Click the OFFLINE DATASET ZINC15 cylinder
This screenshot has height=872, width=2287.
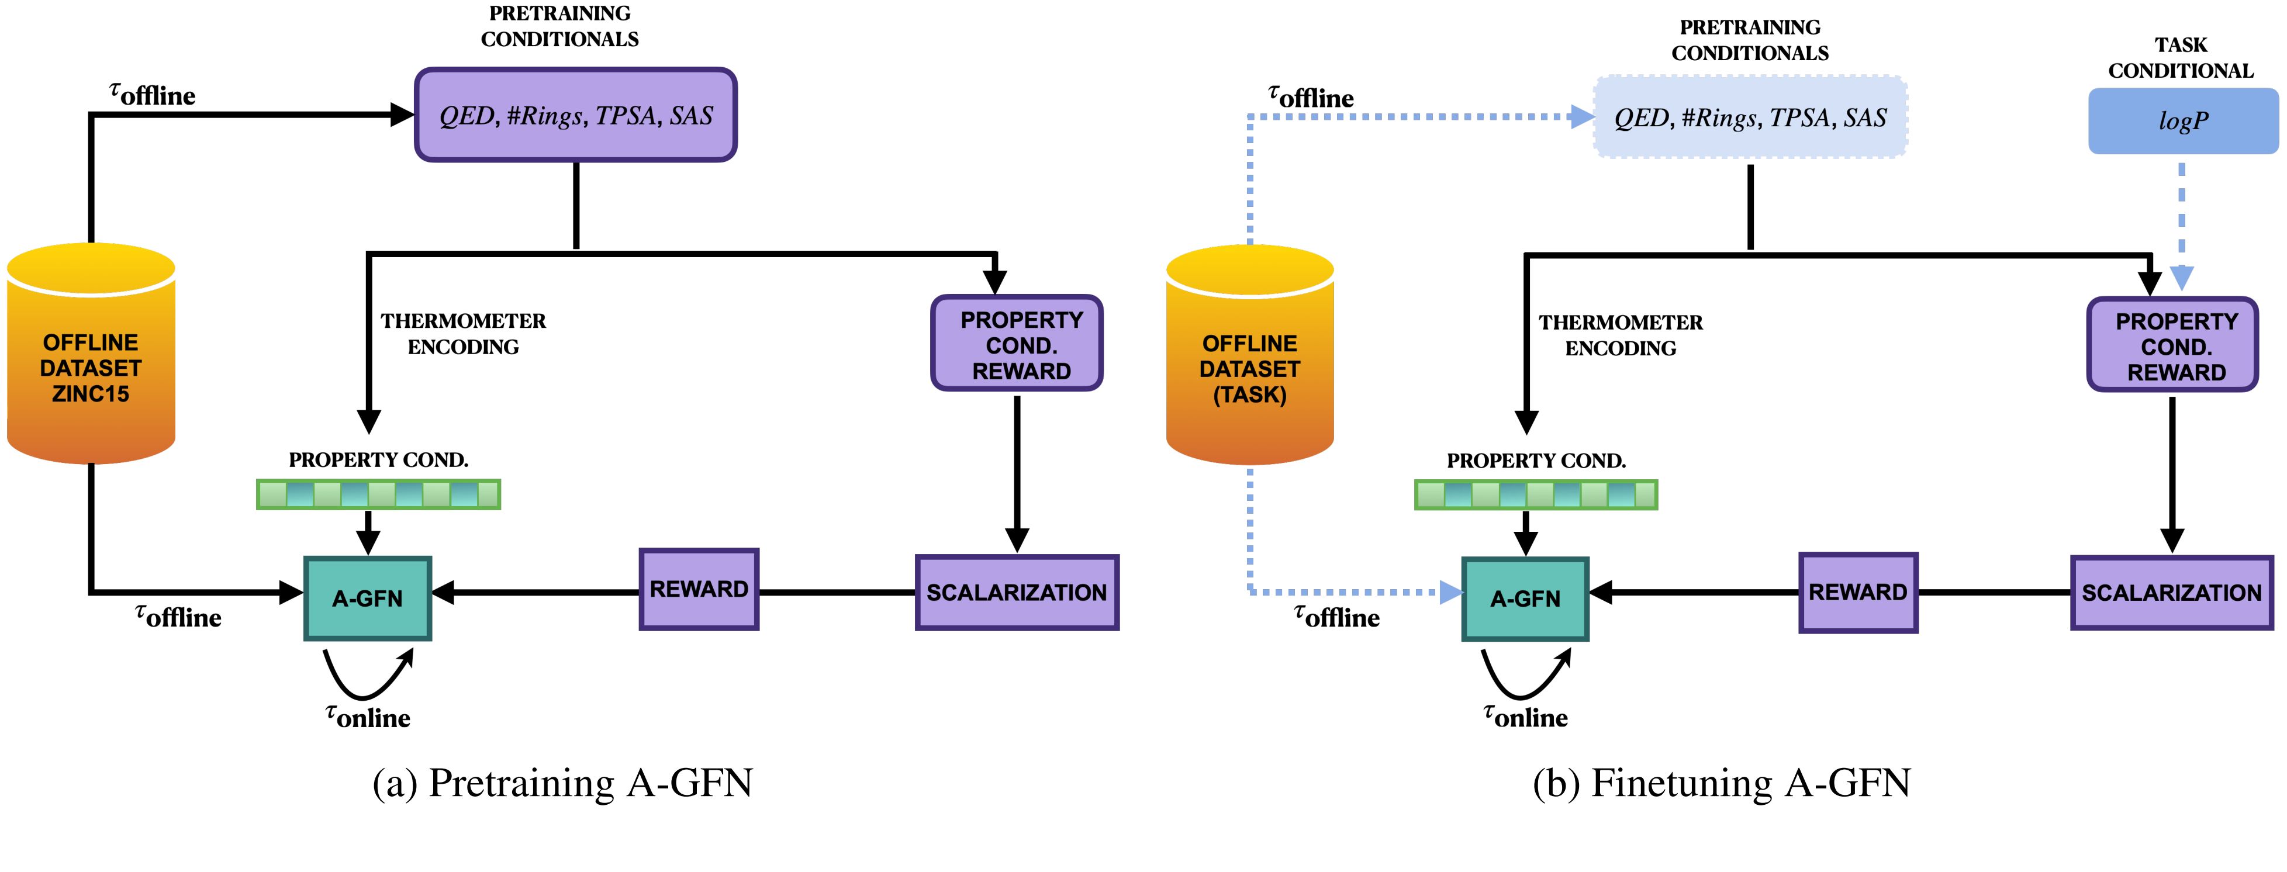[x=91, y=355]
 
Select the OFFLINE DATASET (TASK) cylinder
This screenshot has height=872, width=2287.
[x=1249, y=357]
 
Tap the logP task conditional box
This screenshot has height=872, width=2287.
[x=2182, y=122]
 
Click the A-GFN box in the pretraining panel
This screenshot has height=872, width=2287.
[x=368, y=598]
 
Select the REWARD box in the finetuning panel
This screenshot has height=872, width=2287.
[x=1858, y=592]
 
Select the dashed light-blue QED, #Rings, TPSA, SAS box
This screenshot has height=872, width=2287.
[x=1750, y=118]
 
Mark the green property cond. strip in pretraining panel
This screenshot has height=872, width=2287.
[x=378, y=494]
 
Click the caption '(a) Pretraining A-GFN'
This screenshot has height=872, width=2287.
[x=562, y=783]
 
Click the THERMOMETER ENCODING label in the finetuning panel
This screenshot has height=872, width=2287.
[x=1621, y=335]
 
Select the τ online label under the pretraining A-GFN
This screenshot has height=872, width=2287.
[x=368, y=716]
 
